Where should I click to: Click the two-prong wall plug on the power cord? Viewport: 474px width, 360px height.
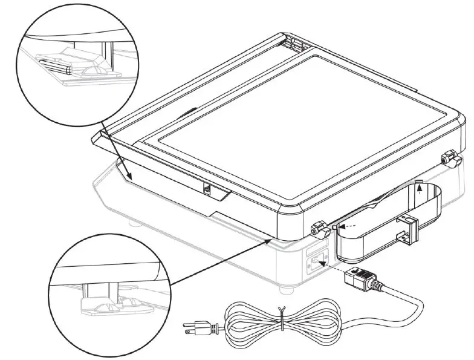tap(195, 329)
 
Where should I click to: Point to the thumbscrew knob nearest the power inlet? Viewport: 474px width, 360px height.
tap(316, 229)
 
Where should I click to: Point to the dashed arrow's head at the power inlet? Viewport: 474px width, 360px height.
tap(321, 263)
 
